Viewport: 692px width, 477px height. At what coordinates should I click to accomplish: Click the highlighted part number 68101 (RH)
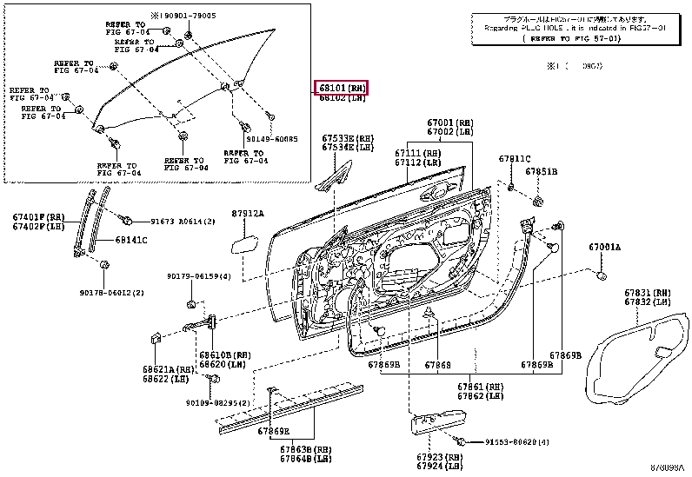342,87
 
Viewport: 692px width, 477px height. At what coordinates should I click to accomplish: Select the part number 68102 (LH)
341,98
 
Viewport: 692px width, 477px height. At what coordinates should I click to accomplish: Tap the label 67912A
247,214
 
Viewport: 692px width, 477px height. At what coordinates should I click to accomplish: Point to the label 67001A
605,248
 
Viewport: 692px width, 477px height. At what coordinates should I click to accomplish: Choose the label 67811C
514,159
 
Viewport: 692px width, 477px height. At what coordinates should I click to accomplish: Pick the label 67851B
541,172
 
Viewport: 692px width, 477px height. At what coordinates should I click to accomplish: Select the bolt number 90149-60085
271,139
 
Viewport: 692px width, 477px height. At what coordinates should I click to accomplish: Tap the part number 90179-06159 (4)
199,276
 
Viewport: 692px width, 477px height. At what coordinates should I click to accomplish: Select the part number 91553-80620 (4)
517,442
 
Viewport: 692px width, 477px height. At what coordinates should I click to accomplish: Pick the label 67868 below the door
438,366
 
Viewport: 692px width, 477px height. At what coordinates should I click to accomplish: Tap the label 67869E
274,432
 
